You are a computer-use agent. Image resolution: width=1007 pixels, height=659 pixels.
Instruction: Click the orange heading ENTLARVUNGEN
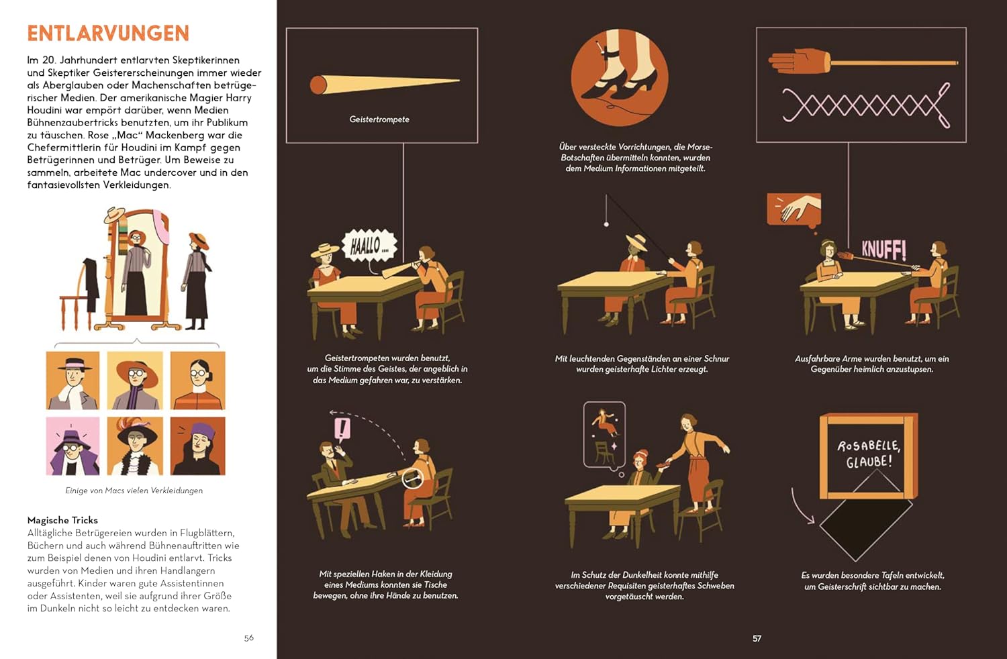(x=108, y=34)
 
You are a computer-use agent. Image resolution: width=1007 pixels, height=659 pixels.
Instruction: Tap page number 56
(x=248, y=638)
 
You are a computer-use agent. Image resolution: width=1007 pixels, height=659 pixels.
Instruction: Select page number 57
(x=757, y=638)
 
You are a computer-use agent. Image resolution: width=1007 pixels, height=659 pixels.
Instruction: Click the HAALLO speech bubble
(x=369, y=246)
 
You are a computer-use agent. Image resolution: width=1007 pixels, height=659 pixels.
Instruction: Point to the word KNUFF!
(x=884, y=250)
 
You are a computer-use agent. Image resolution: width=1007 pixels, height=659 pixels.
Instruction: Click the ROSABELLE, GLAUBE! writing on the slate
(x=869, y=454)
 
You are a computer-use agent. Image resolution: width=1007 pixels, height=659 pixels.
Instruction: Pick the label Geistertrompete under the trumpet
(x=379, y=119)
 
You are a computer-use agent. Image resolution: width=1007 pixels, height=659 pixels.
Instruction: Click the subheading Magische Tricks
(x=62, y=520)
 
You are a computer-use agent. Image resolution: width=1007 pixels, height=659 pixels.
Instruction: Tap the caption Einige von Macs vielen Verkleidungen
(x=134, y=491)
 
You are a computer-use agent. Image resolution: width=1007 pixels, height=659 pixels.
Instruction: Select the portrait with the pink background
(x=73, y=446)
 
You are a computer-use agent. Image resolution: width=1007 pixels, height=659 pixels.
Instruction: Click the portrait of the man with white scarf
(x=73, y=381)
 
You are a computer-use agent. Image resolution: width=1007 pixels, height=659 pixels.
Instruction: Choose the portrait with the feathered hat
(x=135, y=446)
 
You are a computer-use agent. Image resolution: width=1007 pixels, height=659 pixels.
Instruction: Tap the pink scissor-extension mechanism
(x=866, y=105)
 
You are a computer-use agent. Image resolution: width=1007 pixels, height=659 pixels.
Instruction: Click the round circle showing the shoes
(x=620, y=77)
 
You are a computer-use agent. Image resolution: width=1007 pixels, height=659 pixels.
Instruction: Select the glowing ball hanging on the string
(x=606, y=224)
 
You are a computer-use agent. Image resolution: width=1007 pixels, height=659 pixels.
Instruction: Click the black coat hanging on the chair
(x=91, y=283)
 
